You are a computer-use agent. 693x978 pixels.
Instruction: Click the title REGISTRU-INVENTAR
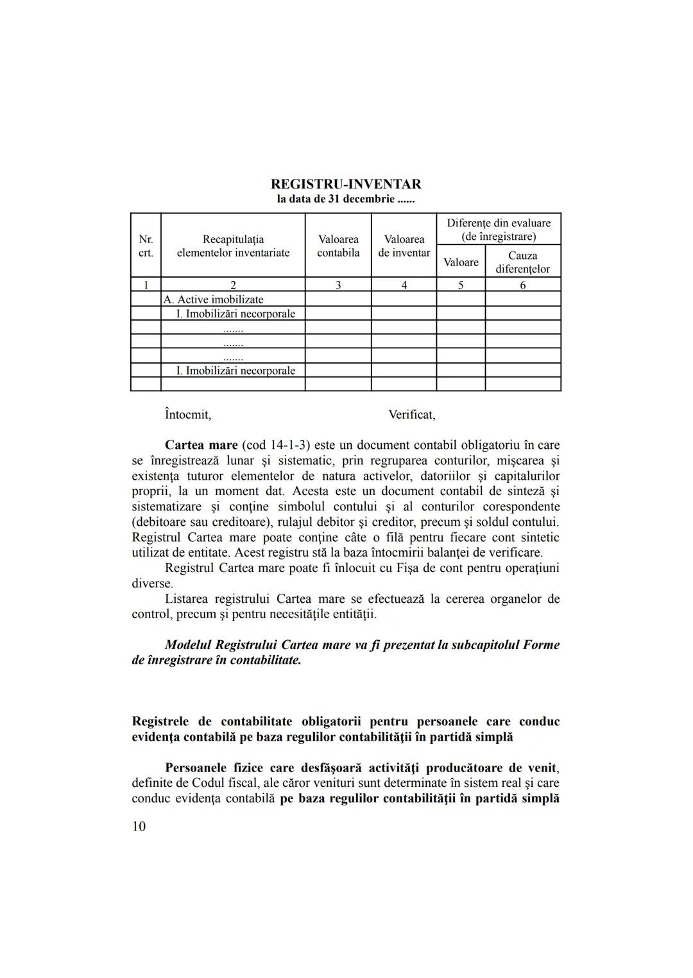pyautogui.click(x=346, y=184)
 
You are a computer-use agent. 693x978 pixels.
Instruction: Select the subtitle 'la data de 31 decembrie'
pyautogui.click(x=346, y=199)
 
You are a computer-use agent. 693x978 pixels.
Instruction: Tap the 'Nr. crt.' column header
pyautogui.click(x=146, y=246)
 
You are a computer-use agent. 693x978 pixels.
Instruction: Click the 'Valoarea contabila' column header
pyautogui.click(x=338, y=246)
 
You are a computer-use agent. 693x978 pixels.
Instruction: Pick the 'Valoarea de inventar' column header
pyautogui.click(x=404, y=246)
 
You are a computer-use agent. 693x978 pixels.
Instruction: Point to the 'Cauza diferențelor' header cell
pyautogui.click(x=522, y=262)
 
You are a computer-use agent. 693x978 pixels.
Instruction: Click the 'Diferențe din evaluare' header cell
pyautogui.click(x=499, y=229)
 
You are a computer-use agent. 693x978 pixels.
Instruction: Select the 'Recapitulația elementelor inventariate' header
pyautogui.click(x=233, y=246)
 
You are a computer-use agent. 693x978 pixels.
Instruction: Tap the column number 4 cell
pyautogui.click(x=404, y=285)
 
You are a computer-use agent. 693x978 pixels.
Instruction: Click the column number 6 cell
pyautogui.click(x=522, y=285)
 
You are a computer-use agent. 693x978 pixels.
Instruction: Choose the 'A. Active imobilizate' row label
pyautogui.click(x=214, y=299)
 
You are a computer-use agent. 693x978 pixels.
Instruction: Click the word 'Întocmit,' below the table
pyautogui.click(x=188, y=414)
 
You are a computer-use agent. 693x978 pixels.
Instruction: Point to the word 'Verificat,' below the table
pyautogui.click(x=412, y=414)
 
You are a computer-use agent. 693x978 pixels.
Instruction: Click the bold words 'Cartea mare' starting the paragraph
pyautogui.click(x=201, y=445)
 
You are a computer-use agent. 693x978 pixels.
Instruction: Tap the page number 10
pyautogui.click(x=139, y=826)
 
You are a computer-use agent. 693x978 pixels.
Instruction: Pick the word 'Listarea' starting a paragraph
pyautogui.click(x=187, y=599)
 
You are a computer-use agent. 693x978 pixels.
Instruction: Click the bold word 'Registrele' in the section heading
pyautogui.click(x=160, y=721)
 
